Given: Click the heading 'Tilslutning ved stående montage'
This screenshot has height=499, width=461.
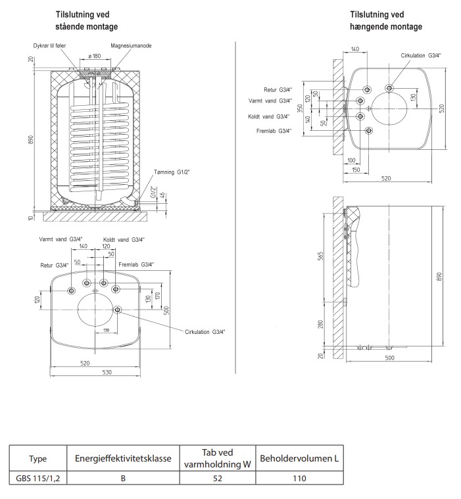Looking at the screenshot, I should point(87,21).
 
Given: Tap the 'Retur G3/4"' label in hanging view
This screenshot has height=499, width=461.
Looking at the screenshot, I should point(276,90).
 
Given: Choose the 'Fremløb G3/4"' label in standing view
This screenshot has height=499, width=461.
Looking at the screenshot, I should point(136,264).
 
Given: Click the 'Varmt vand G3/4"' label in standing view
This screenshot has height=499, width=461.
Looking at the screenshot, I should point(60,240).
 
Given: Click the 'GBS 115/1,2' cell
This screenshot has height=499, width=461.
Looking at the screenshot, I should point(38,478).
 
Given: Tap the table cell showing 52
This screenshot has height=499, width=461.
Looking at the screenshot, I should point(218,478).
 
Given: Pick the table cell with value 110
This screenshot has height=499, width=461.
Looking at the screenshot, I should point(300,478).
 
